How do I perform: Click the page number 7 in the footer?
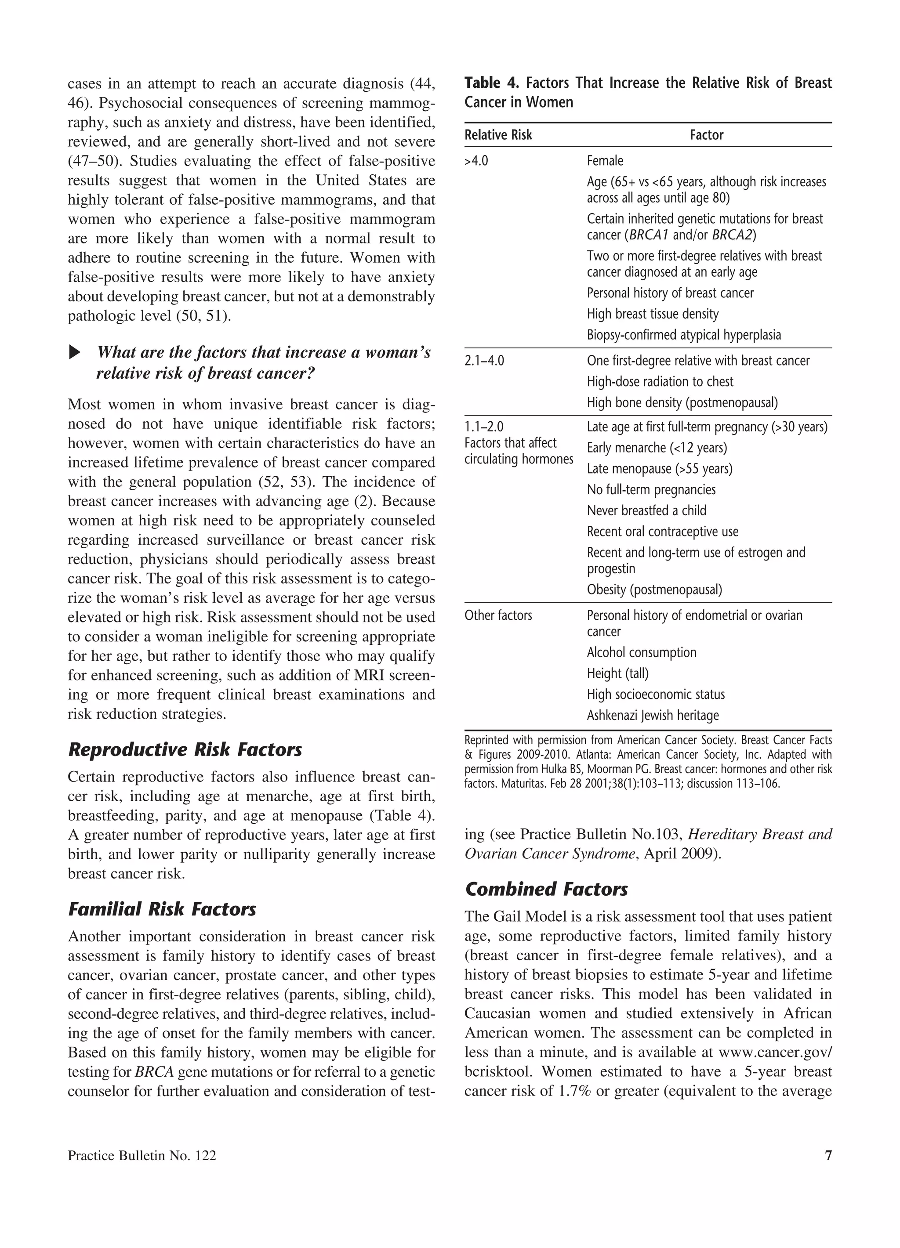point(828,1156)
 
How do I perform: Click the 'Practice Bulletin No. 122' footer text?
point(142,1156)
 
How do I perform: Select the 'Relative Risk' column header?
point(498,135)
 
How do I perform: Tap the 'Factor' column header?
point(706,135)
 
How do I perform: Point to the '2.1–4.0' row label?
point(484,361)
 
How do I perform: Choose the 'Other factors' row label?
point(498,615)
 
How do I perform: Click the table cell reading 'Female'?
point(605,161)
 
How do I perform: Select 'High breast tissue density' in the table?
point(652,314)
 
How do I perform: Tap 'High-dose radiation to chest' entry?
point(660,382)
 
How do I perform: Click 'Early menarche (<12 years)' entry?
point(657,448)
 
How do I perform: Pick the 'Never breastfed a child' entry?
point(646,510)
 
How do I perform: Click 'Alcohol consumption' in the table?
point(641,653)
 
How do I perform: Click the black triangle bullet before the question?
point(74,352)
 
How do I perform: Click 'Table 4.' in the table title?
point(492,83)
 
